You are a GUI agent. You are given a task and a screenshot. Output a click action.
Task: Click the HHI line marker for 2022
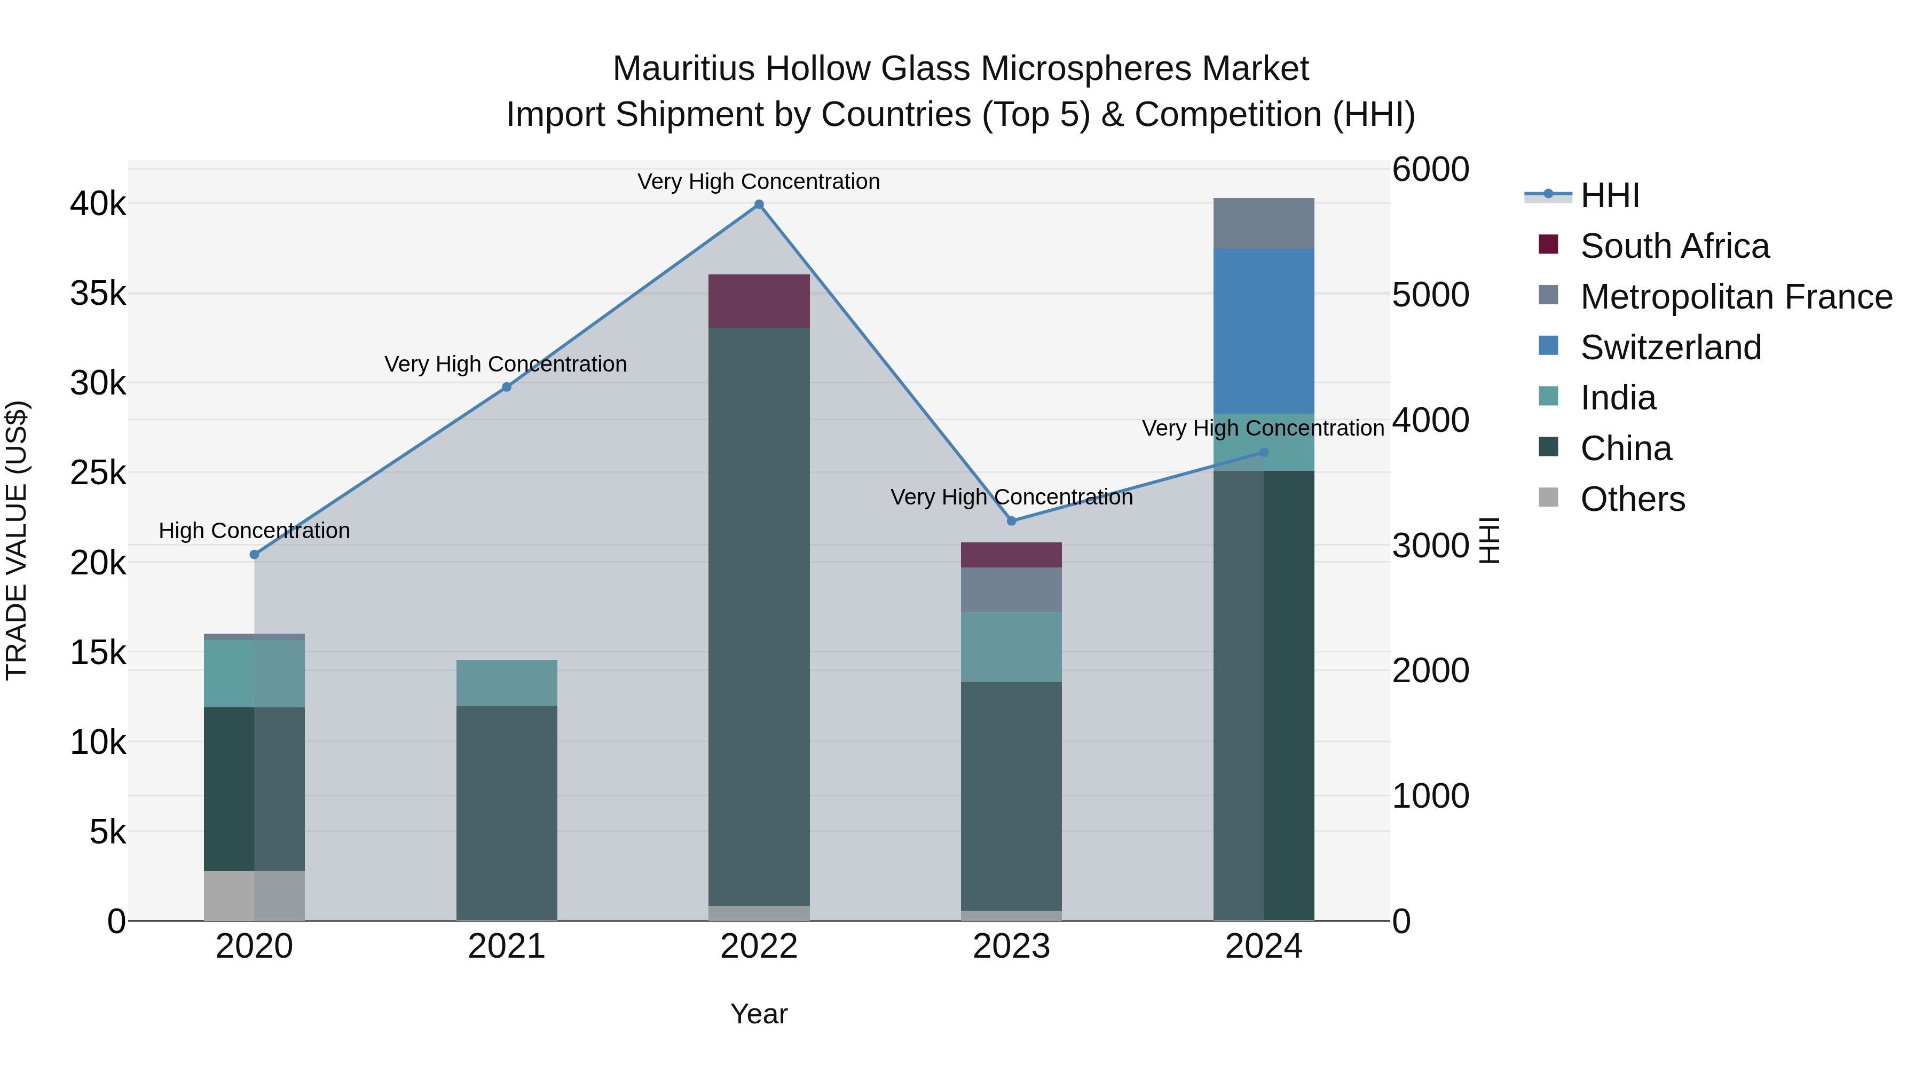[x=759, y=204]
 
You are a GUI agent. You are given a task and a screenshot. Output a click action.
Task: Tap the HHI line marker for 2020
[x=255, y=554]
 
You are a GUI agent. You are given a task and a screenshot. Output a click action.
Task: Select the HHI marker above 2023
[x=1012, y=520]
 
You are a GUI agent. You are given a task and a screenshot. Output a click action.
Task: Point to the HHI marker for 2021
[x=507, y=387]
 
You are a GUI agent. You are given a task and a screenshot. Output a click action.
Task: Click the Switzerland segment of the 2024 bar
[x=1263, y=331]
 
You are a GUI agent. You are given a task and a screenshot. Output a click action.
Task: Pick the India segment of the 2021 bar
[x=507, y=683]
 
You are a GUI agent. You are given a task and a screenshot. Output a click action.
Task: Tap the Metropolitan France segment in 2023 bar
[x=1011, y=589]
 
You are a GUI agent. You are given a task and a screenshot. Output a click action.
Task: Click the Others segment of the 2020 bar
[x=255, y=895]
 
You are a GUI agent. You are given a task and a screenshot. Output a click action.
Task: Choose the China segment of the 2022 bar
[x=759, y=616]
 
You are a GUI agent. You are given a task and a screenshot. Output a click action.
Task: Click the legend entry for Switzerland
[x=1671, y=348]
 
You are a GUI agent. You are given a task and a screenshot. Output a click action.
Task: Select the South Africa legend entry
[x=1674, y=246]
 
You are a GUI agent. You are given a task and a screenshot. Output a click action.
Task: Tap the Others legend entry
[x=1633, y=499]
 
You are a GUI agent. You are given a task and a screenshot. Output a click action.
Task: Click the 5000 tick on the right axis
[x=1430, y=295]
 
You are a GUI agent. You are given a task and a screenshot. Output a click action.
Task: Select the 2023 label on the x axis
[x=1011, y=946]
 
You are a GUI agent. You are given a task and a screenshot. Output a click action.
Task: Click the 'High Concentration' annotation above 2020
[x=255, y=531]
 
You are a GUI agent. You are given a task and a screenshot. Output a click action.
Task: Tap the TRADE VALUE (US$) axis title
[x=17, y=540]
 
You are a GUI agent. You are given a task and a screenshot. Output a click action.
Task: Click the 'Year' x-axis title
[x=759, y=1014]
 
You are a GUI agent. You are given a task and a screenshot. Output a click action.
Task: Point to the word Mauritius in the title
[x=683, y=69]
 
